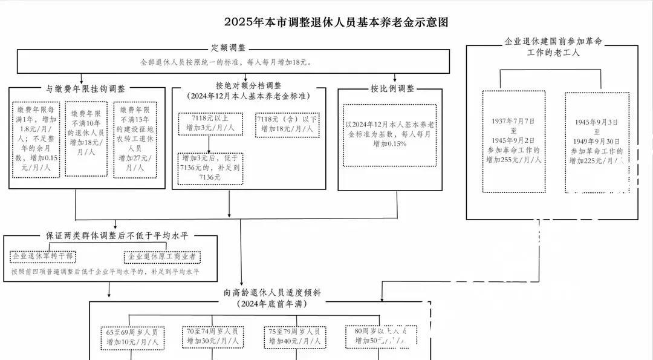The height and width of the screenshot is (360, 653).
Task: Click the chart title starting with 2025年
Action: [x=337, y=22]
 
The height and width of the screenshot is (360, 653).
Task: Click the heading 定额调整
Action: [x=228, y=48]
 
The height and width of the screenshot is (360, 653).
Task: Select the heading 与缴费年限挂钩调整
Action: [x=86, y=88]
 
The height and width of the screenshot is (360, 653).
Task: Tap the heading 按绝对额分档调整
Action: [x=248, y=86]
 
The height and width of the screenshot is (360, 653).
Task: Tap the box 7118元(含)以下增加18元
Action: [x=286, y=124]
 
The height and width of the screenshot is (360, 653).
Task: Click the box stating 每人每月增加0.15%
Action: [x=389, y=135]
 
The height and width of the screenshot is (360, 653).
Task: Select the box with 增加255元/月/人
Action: [x=514, y=142]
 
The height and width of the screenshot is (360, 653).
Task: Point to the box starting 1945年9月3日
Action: [x=597, y=142]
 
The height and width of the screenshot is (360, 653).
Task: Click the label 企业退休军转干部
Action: [x=42, y=257]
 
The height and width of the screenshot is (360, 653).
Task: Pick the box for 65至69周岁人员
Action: [x=132, y=337]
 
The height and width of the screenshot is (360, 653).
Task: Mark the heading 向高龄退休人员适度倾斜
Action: [x=263, y=293]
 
